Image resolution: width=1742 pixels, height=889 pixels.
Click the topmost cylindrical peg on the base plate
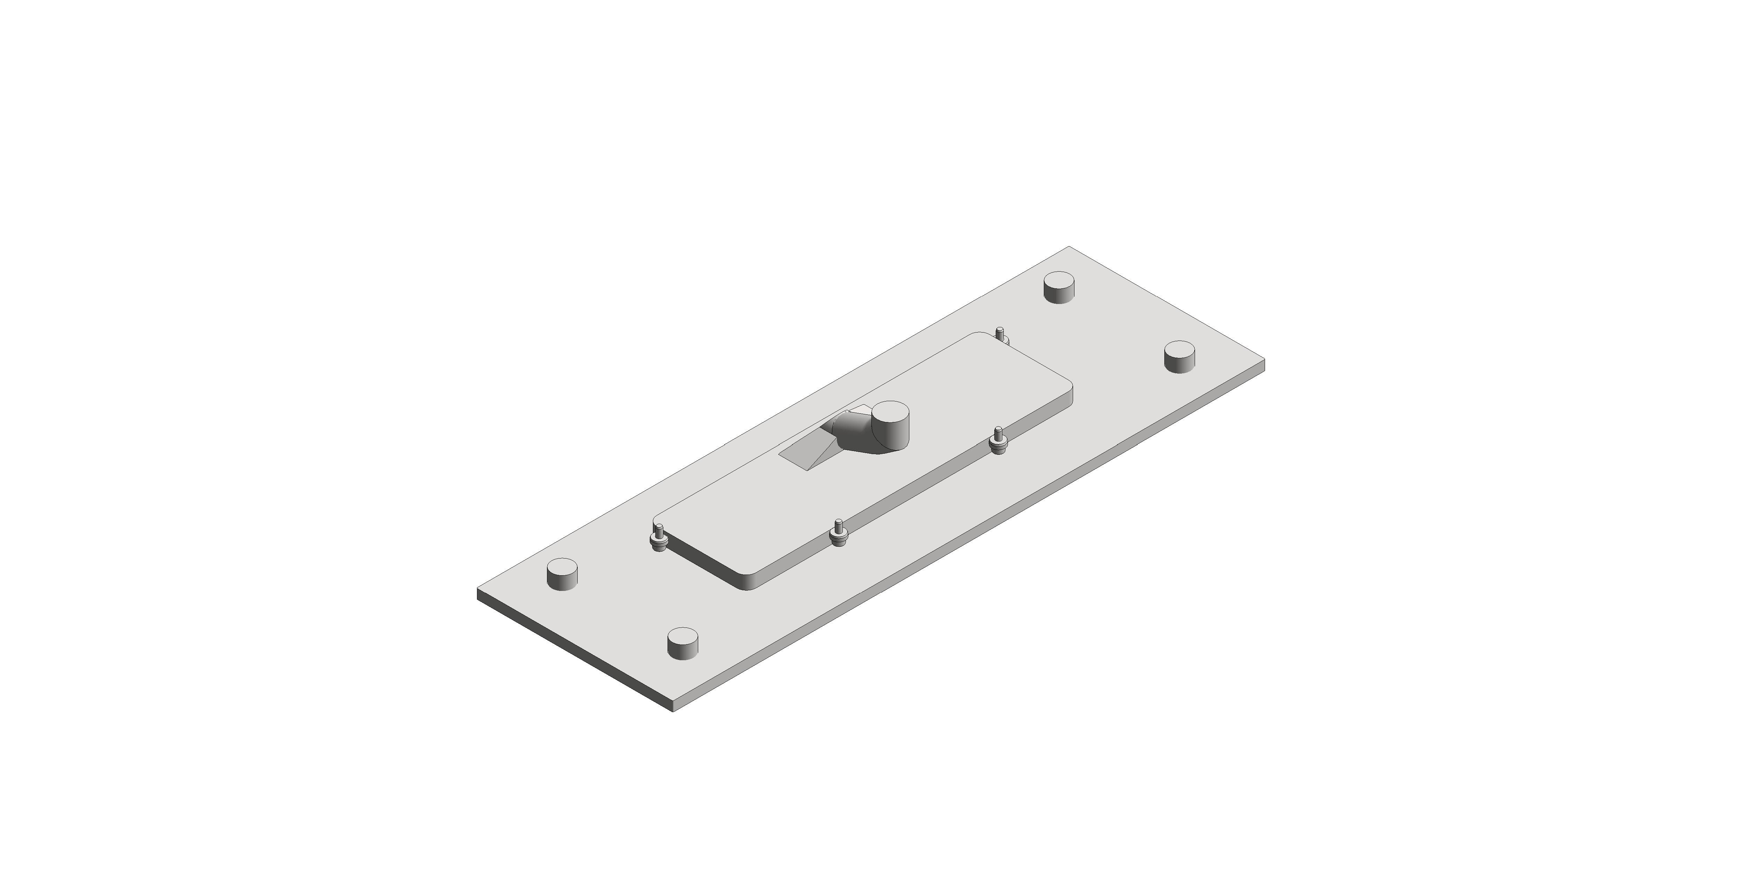click(1059, 287)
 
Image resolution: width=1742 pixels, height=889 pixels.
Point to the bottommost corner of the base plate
click(673, 710)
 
